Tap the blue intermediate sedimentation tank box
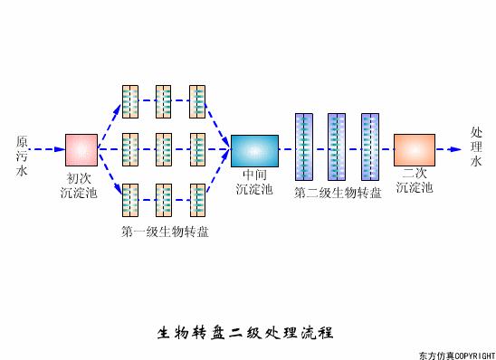[x=254, y=149]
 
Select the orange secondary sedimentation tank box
[x=415, y=148]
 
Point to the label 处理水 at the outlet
[x=477, y=147]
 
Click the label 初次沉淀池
[x=79, y=185]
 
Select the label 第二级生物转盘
[x=338, y=192]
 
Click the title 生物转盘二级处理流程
[x=246, y=332]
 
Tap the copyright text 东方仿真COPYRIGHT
[x=456, y=354]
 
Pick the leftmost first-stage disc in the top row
[x=130, y=100]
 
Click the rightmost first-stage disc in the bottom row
[x=197, y=199]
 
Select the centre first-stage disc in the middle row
[x=164, y=149]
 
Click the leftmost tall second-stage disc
[x=304, y=147]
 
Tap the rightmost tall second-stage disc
[x=369, y=147]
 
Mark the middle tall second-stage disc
[x=337, y=147]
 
